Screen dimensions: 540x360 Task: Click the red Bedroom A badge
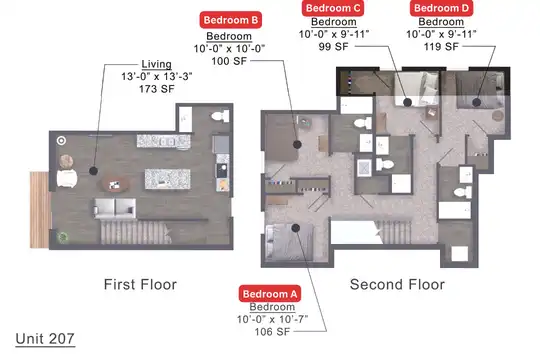click(270, 294)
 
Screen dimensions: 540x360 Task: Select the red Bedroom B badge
click(231, 20)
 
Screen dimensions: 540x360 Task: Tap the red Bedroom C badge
click(333, 8)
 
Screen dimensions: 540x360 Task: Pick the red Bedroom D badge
click(441, 8)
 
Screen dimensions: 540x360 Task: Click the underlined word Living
click(156, 64)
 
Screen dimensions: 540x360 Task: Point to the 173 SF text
click(157, 89)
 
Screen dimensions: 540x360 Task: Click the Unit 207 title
click(45, 339)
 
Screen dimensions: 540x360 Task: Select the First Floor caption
click(140, 285)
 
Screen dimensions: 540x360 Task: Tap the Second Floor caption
click(397, 285)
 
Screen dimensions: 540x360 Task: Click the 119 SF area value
click(441, 47)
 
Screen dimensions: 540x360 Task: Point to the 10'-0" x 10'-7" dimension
click(272, 319)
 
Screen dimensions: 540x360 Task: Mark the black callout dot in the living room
click(93, 171)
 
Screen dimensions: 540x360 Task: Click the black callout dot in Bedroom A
click(295, 228)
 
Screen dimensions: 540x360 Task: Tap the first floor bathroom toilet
click(220, 116)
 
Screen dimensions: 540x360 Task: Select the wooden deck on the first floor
click(39, 209)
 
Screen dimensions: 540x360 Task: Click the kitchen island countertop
click(167, 179)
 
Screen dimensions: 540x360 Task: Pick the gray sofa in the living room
click(115, 208)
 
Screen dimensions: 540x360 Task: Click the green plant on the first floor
click(63, 237)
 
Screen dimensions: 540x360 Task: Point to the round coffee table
click(115, 185)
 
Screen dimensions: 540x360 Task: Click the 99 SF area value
click(333, 47)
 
